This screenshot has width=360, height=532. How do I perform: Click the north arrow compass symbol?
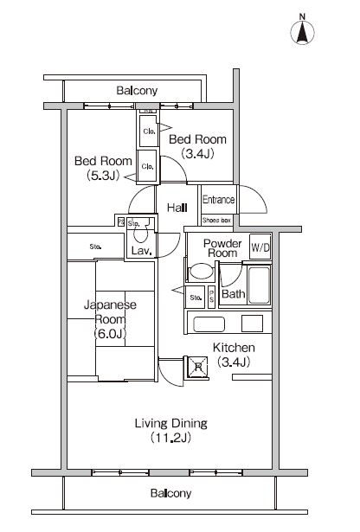pyautogui.click(x=302, y=30)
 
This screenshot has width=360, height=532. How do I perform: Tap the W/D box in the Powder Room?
pyautogui.click(x=260, y=247)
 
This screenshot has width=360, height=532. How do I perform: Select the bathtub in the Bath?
pyautogui.click(x=260, y=285)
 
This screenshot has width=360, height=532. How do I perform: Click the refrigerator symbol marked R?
pyautogui.click(x=196, y=367)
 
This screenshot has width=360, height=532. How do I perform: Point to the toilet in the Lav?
pyautogui.click(x=140, y=233)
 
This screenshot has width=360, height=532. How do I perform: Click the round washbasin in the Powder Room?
pyautogui.click(x=202, y=272)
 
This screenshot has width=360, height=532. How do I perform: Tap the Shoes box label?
pyautogui.click(x=217, y=221)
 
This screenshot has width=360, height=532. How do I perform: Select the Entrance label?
pyautogui.click(x=219, y=200)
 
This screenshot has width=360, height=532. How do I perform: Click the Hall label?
pyautogui.click(x=177, y=208)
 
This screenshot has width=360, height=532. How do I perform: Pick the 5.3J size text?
pyautogui.click(x=103, y=176)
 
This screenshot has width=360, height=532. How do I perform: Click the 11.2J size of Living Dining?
pyautogui.click(x=170, y=438)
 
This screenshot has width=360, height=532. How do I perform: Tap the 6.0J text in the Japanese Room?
pyautogui.click(x=110, y=334)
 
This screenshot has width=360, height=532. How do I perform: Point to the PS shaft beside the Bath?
pyautogui.click(x=211, y=298)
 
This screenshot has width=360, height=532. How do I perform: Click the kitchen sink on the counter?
pyautogui.click(x=209, y=324)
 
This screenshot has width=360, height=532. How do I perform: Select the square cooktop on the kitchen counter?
pyautogui.click(x=252, y=324)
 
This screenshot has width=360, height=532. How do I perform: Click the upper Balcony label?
pyautogui.click(x=137, y=91)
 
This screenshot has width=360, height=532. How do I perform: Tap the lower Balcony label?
pyautogui.click(x=170, y=493)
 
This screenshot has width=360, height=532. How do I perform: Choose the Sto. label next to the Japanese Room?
pyautogui.click(x=95, y=247)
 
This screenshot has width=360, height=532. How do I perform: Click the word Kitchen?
pyautogui.click(x=234, y=348)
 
